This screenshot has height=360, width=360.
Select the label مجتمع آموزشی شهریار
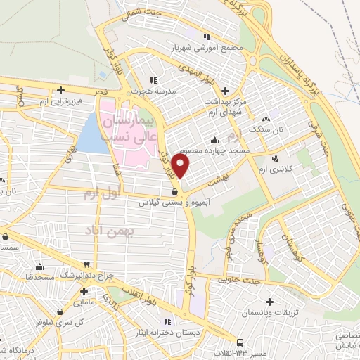tap(207, 49)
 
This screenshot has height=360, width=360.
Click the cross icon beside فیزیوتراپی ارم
tap(61, 90)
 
